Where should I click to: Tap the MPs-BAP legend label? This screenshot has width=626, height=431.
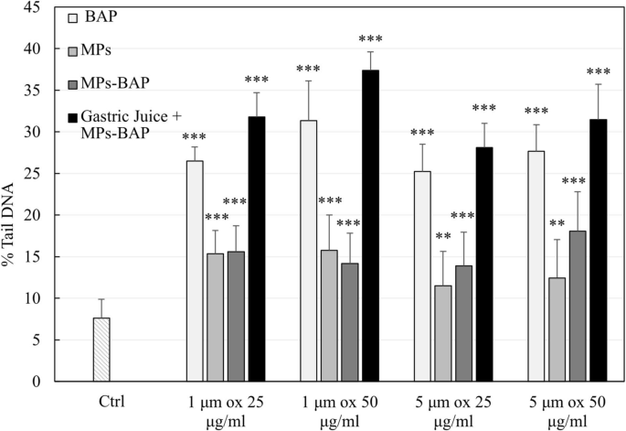click(x=115, y=83)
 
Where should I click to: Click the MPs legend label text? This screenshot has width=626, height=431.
click(x=100, y=50)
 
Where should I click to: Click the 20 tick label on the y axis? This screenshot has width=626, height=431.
click(x=33, y=215)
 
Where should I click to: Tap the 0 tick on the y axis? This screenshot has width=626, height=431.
click(x=37, y=382)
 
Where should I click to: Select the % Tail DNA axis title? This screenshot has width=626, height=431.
click(x=11, y=194)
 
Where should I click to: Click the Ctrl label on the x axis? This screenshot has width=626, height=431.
click(x=102, y=400)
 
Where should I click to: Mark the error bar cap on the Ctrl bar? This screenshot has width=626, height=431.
click(x=102, y=299)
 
